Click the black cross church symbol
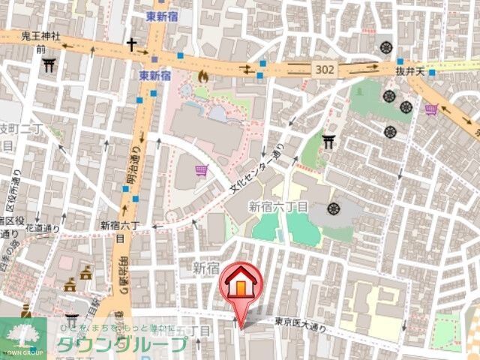click(132, 44)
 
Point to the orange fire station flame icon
click(202, 75)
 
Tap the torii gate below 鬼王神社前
click(49, 65)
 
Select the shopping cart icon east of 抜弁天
click(431, 110)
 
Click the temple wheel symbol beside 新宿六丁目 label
click(333, 208)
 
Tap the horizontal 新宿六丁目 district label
click(277, 205)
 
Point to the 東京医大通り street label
click(301, 323)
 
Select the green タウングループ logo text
click(121, 344)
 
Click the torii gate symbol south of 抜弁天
click(328, 139)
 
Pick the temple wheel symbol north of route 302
click(387, 46)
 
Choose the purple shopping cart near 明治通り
click(200, 172)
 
